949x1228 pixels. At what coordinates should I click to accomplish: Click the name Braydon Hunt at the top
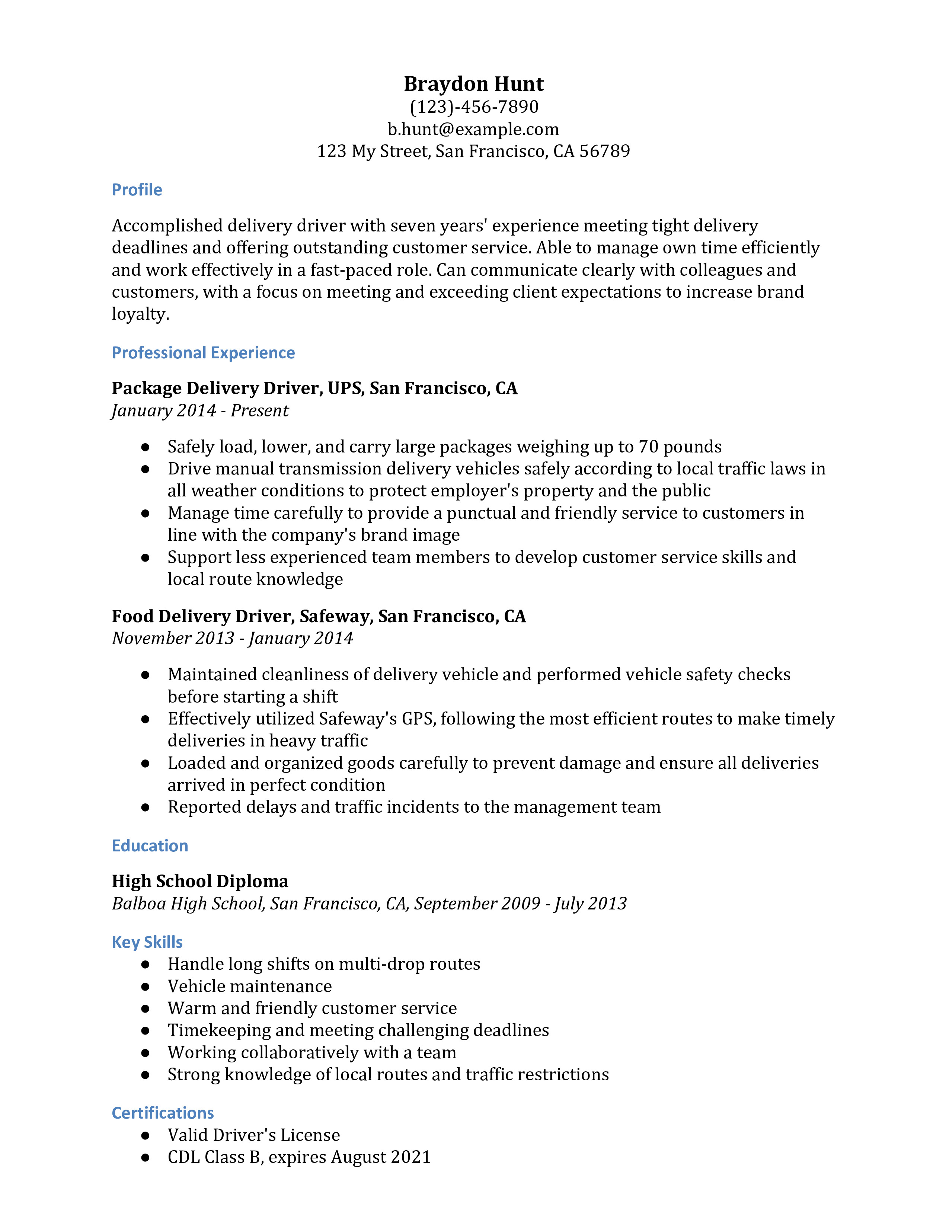(x=473, y=84)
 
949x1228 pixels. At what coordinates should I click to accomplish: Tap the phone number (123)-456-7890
(x=474, y=107)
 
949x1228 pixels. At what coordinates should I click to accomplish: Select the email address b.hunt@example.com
(x=473, y=129)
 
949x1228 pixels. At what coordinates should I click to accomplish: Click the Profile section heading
(x=137, y=190)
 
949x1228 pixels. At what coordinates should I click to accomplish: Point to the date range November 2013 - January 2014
(x=232, y=638)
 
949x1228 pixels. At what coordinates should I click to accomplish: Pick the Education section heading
(x=150, y=846)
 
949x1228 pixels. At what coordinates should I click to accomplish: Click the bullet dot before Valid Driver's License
(x=146, y=1135)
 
